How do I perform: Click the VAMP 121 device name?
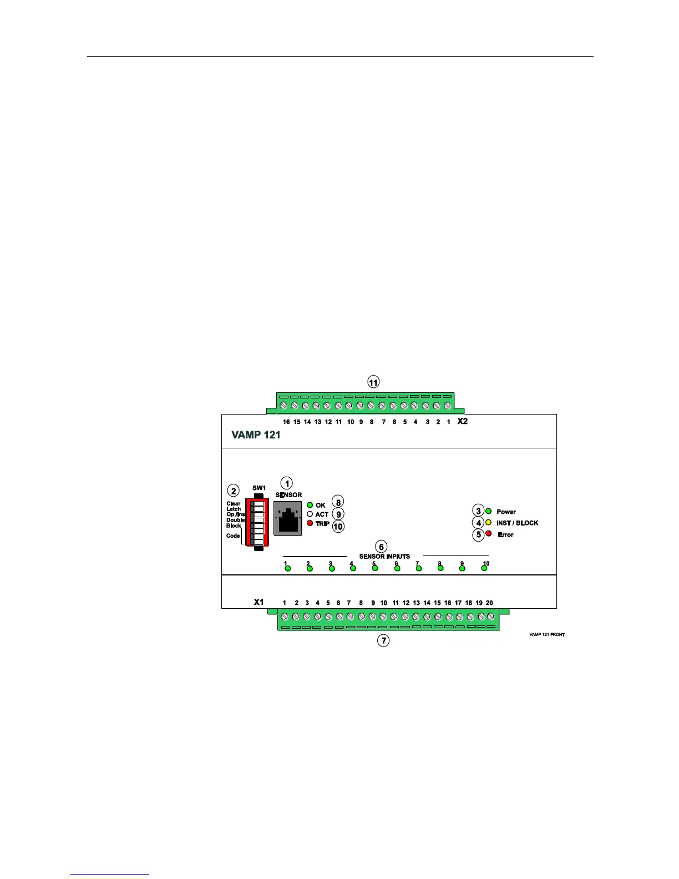coord(256,435)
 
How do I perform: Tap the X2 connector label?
coord(462,421)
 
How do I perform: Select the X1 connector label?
coord(259,602)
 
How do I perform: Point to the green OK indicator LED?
coord(310,505)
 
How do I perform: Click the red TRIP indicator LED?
coord(310,523)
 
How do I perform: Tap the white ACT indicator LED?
coord(310,514)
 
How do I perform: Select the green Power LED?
coord(489,511)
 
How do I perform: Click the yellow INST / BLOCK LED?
coord(489,523)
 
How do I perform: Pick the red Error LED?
coord(489,534)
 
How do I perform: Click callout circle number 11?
coord(373,382)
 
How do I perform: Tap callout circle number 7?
coord(383,640)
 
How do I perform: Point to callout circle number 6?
coord(381,547)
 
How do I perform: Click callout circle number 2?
coord(234,491)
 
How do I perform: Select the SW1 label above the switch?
coord(259,488)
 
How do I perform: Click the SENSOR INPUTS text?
coord(384,556)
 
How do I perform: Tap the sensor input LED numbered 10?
coord(484,568)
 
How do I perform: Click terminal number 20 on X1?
coord(490,616)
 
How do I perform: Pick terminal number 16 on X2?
coord(283,406)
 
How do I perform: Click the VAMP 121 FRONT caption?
coord(547,635)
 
